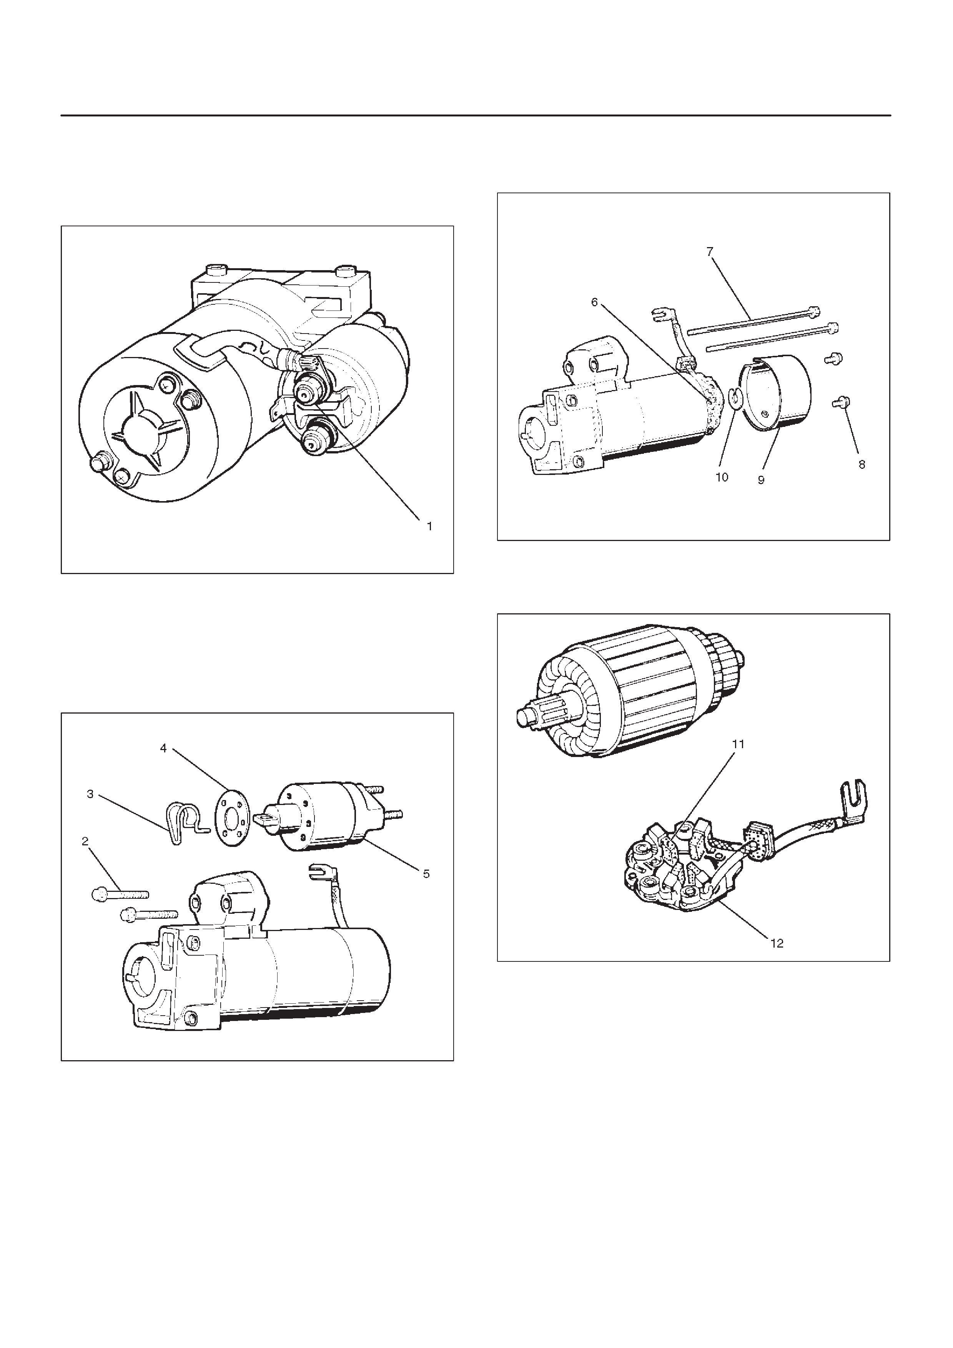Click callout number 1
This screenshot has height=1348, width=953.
(429, 527)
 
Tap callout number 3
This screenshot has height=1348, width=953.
(90, 794)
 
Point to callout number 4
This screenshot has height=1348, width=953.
(163, 748)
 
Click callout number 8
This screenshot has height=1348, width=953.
(862, 465)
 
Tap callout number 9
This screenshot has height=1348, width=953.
(761, 480)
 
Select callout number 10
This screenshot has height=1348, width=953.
(722, 477)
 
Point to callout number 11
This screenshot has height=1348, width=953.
(738, 744)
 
